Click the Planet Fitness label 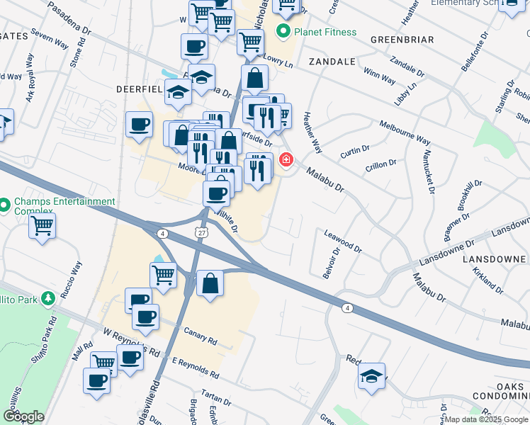325,32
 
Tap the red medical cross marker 286,159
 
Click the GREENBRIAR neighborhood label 402,40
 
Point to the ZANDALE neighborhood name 332,62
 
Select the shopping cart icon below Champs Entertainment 43,226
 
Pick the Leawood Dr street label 343,241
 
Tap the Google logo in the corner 23,416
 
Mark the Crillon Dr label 381,164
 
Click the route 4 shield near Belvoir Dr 346,307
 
